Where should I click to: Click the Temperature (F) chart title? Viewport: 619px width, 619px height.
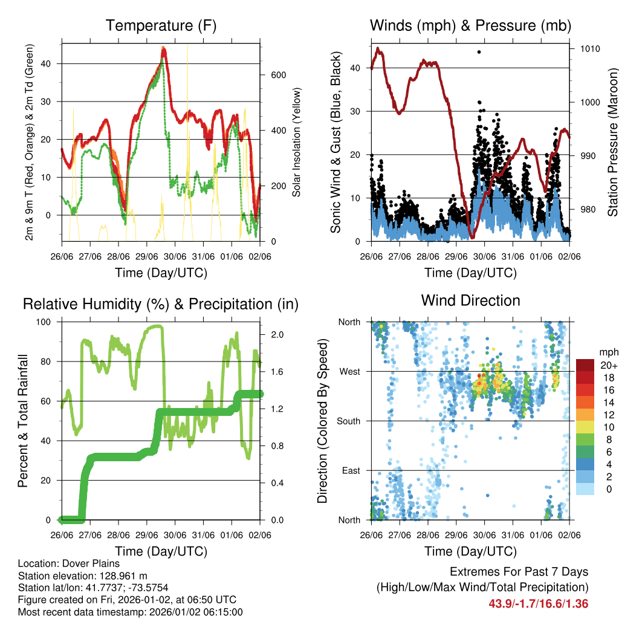click(161, 26)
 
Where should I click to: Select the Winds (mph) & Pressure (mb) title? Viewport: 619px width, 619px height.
click(470, 26)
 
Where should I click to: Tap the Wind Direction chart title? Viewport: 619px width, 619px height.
click(470, 300)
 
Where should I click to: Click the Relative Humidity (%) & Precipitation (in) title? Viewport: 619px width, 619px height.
click(161, 304)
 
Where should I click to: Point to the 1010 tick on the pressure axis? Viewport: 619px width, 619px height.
click(590, 48)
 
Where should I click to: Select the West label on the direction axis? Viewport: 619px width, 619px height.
click(349, 371)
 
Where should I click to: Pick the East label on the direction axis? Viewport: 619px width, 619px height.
click(351, 470)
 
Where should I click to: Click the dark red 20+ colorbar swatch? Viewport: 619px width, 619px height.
click(586, 365)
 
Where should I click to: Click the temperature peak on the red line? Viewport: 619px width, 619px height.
click(163, 50)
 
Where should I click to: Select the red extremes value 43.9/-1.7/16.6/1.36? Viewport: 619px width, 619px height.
click(538, 603)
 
